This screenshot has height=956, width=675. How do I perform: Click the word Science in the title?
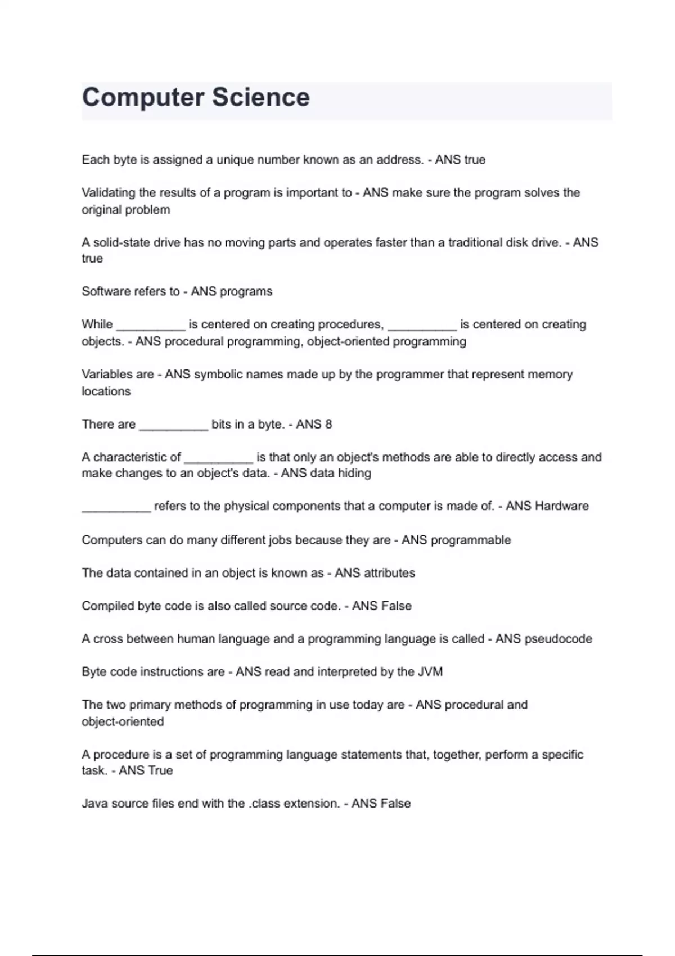[x=261, y=97]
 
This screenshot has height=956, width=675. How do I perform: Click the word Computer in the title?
[x=143, y=97]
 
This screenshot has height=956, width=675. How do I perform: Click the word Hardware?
[x=562, y=506]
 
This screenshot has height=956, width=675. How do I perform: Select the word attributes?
[x=389, y=573]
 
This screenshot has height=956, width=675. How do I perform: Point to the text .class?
[x=265, y=804]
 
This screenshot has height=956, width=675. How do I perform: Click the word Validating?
[x=109, y=193]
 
